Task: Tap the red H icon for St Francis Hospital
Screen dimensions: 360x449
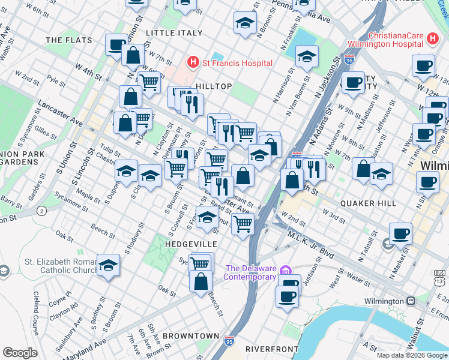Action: pyautogui.click(x=193, y=62)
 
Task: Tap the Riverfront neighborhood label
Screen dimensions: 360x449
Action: pyautogui.click(x=272, y=349)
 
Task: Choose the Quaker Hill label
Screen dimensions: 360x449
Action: pyautogui.click(x=368, y=203)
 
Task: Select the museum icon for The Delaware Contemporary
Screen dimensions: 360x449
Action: pyautogui.click(x=286, y=272)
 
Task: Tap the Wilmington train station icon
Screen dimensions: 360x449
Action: pyautogui.click(x=411, y=301)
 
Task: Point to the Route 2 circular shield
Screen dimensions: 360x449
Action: pyautogui.click(x=41, y=211)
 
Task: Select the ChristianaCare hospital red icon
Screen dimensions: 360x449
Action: pyautogui.click(x=433, y=40)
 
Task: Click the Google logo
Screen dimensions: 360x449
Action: pyautogui.click(x=20, y=353)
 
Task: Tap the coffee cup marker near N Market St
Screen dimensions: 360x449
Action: pyautogui.click(x=400, y=233)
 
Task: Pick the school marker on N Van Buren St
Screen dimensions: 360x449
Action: pyautogui.click(x=307, y=57)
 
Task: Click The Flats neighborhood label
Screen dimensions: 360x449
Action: pyautogui.click(x=69, y=40)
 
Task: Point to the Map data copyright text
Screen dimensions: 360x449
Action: pyautogui.click(x=412, y=355)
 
